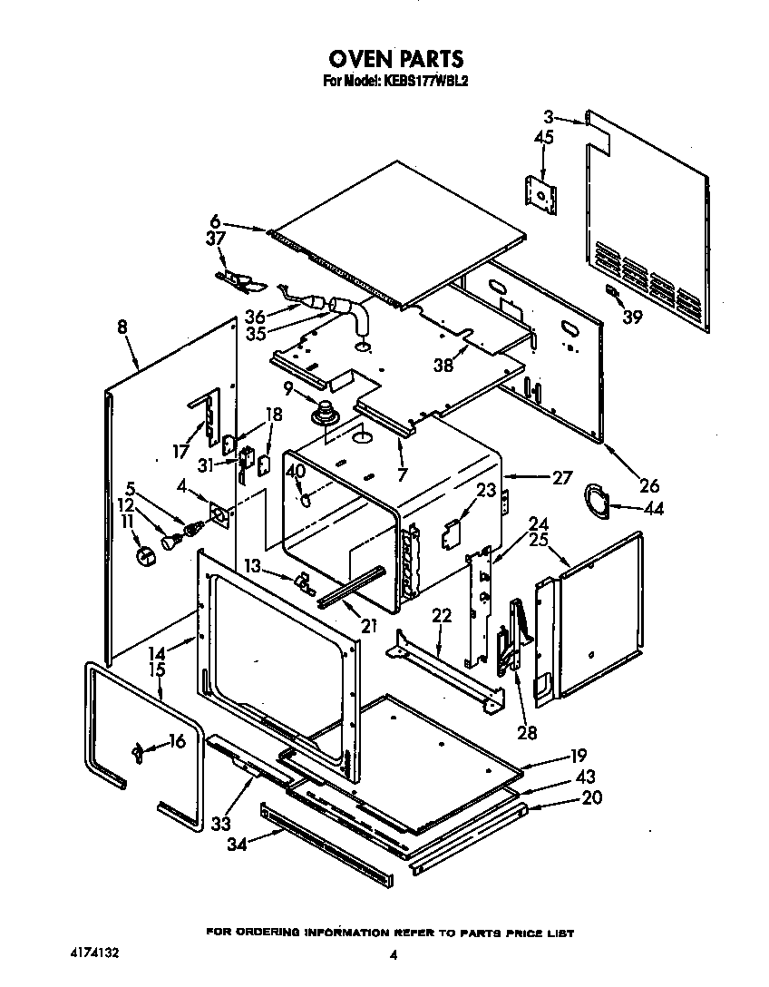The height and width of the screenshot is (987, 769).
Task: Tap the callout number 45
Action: tap(544, 138)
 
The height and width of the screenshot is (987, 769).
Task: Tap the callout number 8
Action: tap(122, 328)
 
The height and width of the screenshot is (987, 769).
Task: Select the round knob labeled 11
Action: tap(141, 554)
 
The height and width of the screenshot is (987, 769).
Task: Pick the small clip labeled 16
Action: tap(138, 749)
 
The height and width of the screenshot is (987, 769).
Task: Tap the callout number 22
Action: tap(441, 616)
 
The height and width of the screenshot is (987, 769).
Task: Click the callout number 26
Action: tap(648, 484)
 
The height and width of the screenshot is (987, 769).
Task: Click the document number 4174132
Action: tap(94, 954)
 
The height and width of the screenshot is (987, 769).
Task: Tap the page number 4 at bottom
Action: tap(394, 954)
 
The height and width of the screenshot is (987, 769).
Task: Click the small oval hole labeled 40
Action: tap(307, 497)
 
